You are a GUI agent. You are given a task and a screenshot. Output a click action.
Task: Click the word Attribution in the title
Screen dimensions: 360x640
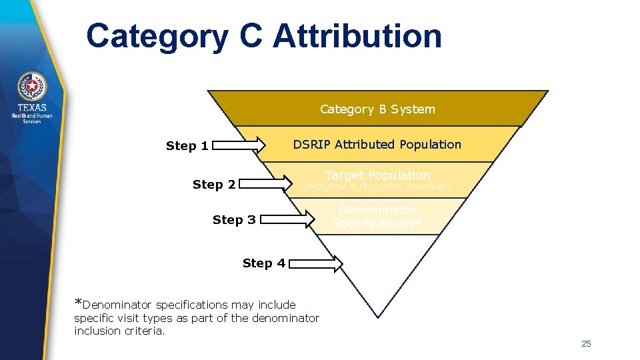[x=357, y=36]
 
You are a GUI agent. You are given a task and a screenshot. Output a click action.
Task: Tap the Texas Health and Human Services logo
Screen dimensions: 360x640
[x=32, y=99]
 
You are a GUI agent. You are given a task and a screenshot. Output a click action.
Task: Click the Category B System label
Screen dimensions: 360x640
[x=377, y=109]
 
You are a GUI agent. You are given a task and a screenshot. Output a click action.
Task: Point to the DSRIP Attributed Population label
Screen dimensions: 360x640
[x=377, y=145]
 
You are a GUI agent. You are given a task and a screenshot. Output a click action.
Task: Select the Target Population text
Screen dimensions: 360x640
[x=377, y=175]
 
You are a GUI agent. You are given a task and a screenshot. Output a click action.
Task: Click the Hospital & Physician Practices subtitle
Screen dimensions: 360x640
[x=377, y=187]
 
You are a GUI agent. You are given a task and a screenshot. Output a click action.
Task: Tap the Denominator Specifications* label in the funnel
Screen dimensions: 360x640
[x=377, y=217]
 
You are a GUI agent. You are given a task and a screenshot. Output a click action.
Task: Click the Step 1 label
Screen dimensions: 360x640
[x=187, y=146]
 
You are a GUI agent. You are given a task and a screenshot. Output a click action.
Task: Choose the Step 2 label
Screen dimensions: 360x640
[x=214, y=185]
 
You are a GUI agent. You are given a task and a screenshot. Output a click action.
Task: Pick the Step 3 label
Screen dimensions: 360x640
[x=234, y=219]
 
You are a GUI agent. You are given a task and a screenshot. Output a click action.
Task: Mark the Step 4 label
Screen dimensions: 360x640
[x=264, y=263]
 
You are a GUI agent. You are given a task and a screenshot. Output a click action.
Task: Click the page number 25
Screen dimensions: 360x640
[x=586, y=344]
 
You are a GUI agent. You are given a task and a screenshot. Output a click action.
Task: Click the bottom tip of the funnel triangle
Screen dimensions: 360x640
[x=378, y=316]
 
